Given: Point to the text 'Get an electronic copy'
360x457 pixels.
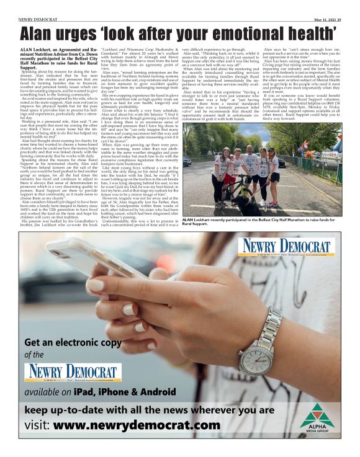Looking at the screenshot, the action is [78, 343].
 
